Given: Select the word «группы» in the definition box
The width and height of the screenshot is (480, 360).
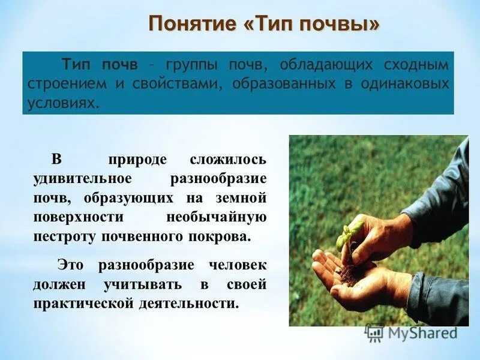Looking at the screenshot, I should click(x=191, y=64).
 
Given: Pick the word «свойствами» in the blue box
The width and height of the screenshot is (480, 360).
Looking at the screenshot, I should click(x=171, y=83).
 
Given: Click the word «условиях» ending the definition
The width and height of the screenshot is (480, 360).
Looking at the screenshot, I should click(x=61, y=103).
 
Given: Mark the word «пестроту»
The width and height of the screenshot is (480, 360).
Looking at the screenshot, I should click(x=62, y=236).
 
